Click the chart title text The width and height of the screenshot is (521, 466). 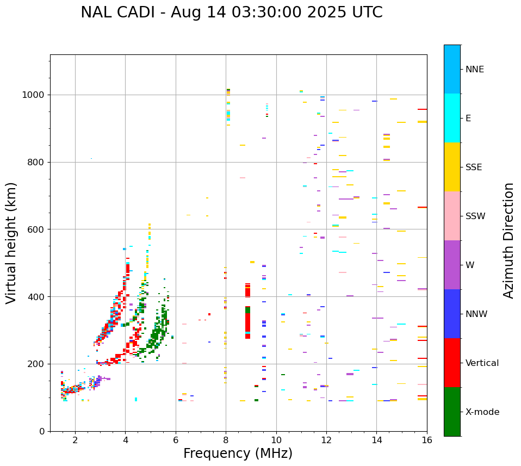[231, 13]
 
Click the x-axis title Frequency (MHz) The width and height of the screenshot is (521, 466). [238, 453]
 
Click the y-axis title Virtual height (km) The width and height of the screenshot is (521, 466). [11, 243]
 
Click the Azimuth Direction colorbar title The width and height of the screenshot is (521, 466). [508, 240]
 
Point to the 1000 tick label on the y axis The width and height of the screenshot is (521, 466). [34, 95]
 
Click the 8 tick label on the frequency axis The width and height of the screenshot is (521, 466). [226, 440]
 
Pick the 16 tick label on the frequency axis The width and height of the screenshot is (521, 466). [427, 440]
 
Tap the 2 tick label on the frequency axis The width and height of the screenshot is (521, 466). [75, 440]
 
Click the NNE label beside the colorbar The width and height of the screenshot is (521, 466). [474, 70]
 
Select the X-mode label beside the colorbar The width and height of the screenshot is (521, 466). [482, 412]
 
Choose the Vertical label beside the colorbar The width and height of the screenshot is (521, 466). [482, 363]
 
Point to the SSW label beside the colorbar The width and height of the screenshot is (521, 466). [475, 216]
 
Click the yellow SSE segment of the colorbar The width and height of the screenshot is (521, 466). [452, 167]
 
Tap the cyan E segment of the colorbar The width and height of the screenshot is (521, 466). [452, 118]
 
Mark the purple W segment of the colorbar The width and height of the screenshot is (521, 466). [452, 265]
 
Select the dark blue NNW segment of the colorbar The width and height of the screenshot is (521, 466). [452, 314]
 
